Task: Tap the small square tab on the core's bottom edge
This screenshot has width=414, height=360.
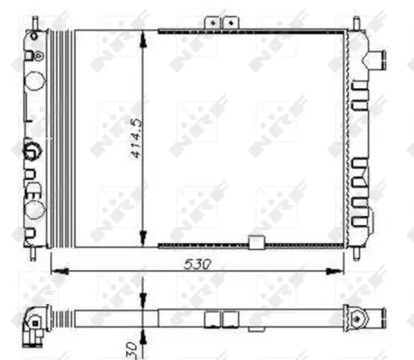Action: coord(256,242)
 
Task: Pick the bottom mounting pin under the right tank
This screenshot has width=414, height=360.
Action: coord(359,249)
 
